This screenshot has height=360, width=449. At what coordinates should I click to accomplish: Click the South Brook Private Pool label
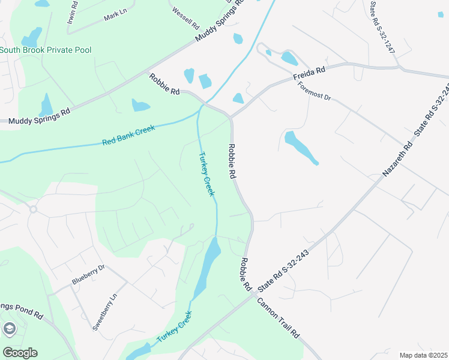[x=46, y=50]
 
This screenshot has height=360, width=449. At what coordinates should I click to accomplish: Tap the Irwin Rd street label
[x=72, y=11]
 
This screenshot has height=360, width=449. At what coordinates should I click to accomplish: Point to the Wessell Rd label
[x=185, y=19]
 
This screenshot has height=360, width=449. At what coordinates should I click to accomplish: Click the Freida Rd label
[x=309, y=74]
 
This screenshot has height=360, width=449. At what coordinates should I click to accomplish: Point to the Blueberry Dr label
[x=88, y=274]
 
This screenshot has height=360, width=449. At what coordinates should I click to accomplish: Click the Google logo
[x=20, y=353]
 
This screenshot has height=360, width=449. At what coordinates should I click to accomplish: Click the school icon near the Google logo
[x=9, y=328]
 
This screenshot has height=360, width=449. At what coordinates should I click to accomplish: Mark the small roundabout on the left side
[x=33, y=209]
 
